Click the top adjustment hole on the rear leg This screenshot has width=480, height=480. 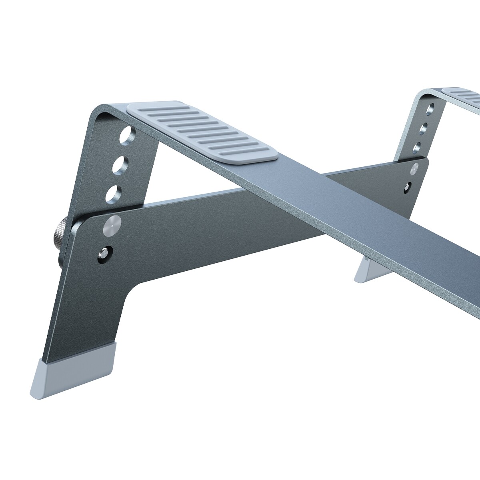click(x=430, y=109)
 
